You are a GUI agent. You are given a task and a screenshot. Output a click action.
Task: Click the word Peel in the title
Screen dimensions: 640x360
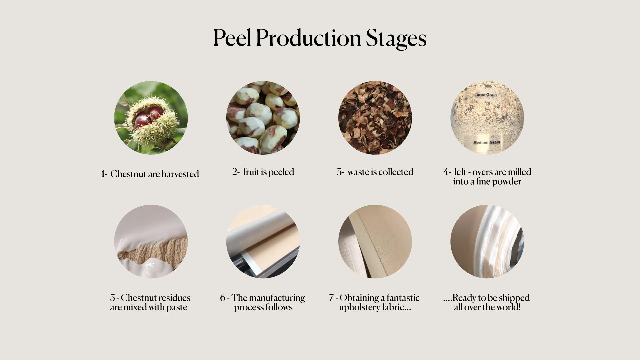pyautogui.click(x=232, y=37)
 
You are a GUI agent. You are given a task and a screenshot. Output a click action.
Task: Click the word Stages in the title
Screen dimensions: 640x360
pyautogui.click(x=396, y=39)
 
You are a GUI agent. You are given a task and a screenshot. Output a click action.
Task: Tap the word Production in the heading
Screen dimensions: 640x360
pyautogui.click(x=308, y=37)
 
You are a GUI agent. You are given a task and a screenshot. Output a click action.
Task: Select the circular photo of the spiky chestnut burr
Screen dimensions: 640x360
pyautogui.click(x=151, y=118)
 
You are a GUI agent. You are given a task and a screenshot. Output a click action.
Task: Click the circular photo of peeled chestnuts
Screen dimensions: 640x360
pyautogui.click(x=263, y=118)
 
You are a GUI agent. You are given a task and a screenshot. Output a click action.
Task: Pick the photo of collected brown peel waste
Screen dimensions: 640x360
pyautogui.click(x=375, y=118)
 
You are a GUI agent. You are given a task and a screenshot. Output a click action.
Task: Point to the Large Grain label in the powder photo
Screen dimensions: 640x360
pyautogui.click(x=485, y=95)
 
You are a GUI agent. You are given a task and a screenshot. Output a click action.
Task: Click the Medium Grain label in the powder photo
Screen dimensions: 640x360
pyautogui.click(x=487, y=142)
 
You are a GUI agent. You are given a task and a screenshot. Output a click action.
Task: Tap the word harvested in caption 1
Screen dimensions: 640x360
pyautogui.click(x=180, y=174)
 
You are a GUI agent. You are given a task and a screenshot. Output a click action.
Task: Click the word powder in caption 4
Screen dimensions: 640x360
pyautogui.click(x=507, y=182)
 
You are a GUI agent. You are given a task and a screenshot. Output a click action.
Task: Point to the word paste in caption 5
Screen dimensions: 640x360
pyautogui.click(x=177, y=307)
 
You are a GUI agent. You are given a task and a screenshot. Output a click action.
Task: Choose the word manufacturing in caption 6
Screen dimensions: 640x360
pyautogui.click(x=277, y=298)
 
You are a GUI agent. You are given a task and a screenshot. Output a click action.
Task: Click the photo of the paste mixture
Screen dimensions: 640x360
pyautogui.click(x=151, y=242)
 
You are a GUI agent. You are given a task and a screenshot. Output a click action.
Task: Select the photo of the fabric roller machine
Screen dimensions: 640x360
pyautogui.click(x=263, y=242)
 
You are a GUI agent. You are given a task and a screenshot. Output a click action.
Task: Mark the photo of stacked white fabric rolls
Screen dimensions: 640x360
pyautogui.click(x=487, y=242)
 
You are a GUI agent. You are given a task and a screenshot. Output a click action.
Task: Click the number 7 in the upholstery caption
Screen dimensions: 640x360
pyautogui.click(x=331, y=298)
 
